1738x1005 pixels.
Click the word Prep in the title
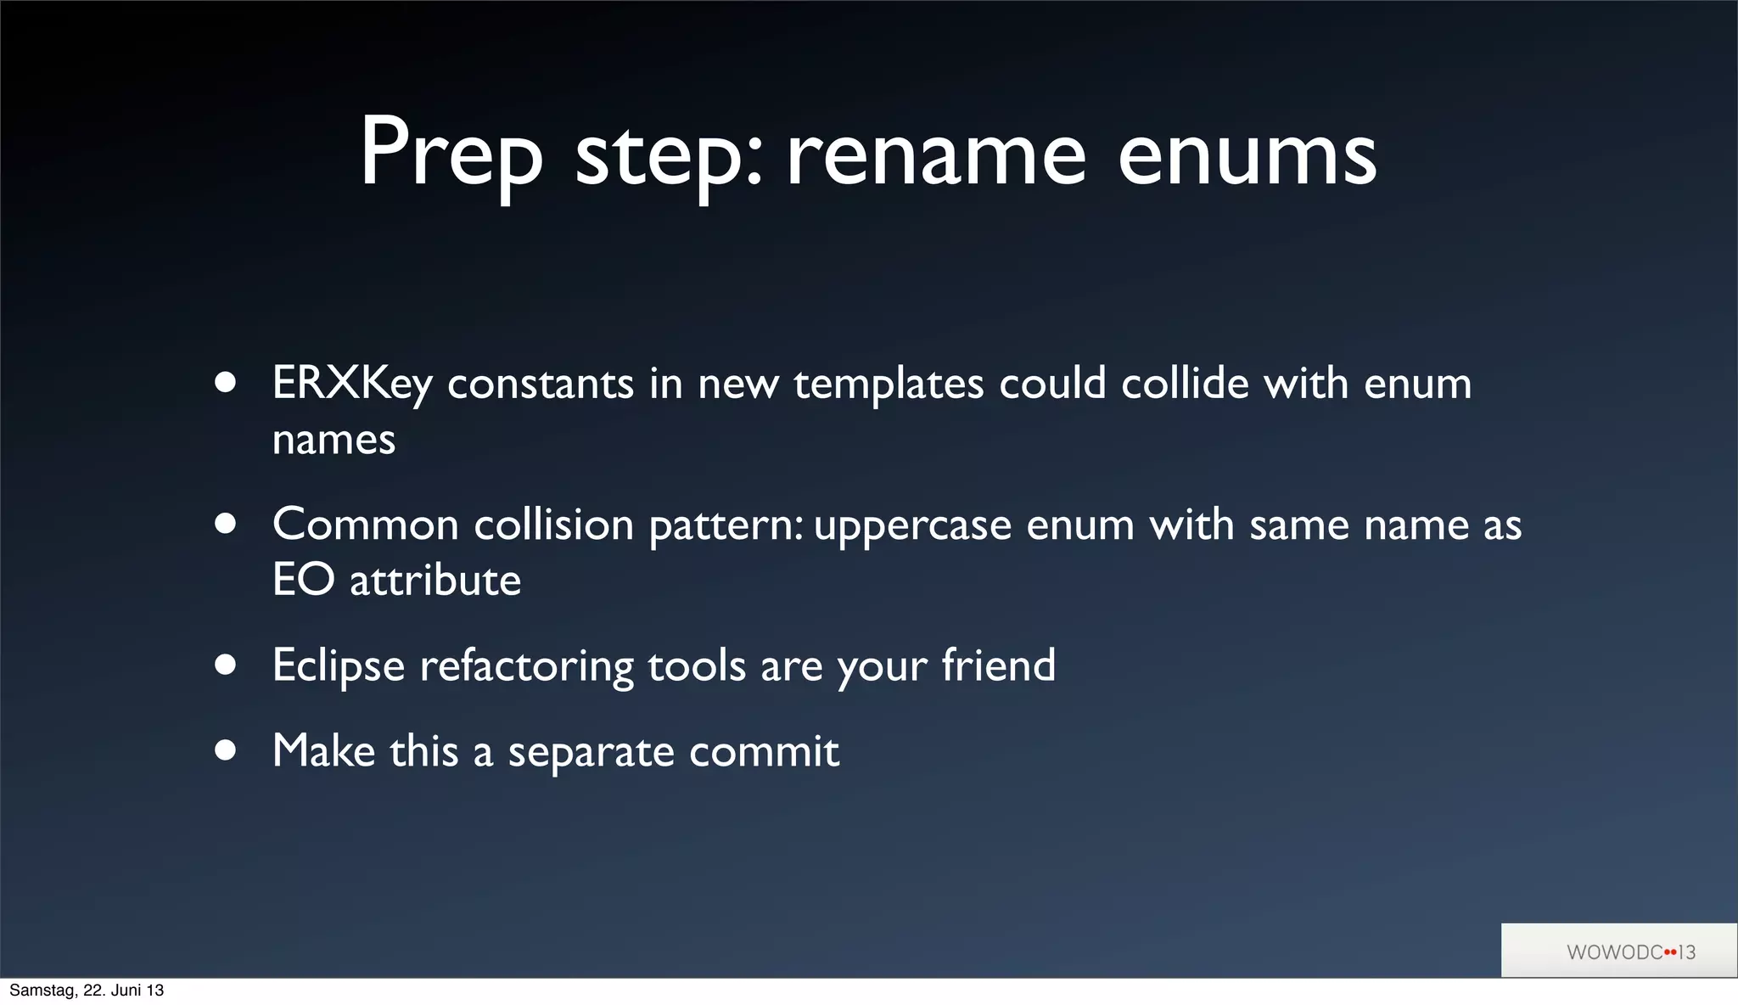tap(451, 155)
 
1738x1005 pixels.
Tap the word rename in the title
tap(935, 155)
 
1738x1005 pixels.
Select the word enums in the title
tap(1247, 155)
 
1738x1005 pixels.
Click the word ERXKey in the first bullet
tap(352, 384)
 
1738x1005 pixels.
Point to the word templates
tap(889, 384)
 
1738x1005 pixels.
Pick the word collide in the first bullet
tap(1185, 384)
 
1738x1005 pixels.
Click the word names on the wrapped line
tap(334, 440)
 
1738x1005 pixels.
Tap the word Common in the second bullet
tap(365, 525)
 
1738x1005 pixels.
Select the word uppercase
tap(912, 525)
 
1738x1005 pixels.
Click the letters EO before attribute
tap(303, 581)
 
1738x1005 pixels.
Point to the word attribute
tap(435, 581)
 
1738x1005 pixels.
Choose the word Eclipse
tap(339, 665)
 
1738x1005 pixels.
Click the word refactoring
tap(526, 665)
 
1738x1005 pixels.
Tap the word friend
tap(999, 665)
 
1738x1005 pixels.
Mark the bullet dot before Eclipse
tap(225, 665)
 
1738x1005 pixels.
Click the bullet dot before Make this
tap(225, 750)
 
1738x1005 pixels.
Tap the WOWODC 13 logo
tap(1630, 952)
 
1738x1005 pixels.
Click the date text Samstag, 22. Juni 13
tap(87, 991)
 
